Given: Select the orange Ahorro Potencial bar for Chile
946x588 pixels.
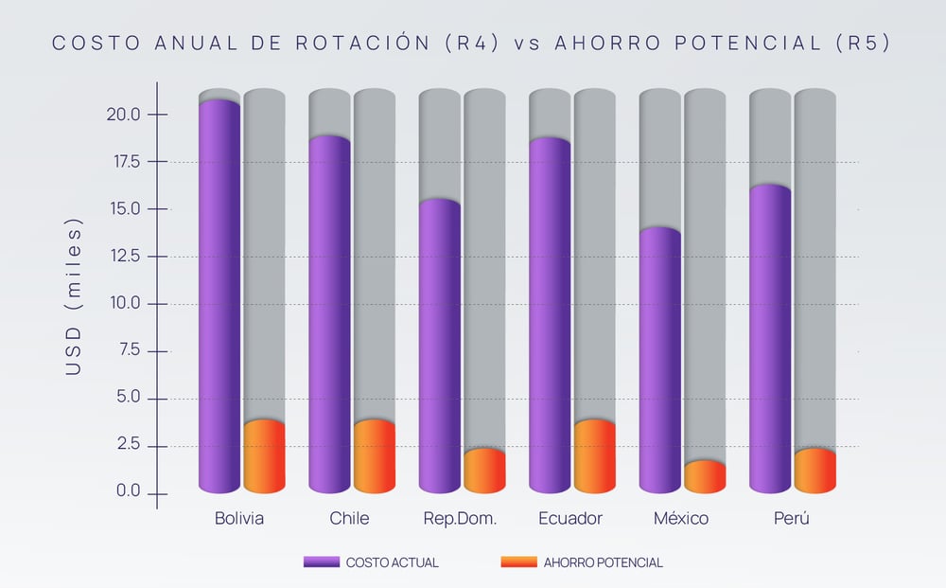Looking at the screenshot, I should click(375, 456).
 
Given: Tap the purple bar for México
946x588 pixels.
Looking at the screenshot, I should click(659, 360).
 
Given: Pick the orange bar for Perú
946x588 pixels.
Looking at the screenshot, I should click(815, 471).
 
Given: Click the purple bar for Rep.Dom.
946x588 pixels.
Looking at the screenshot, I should click(440, 346).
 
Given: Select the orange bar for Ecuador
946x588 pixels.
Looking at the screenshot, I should click(595, 456).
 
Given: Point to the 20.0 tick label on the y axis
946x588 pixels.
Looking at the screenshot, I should click(122, 115).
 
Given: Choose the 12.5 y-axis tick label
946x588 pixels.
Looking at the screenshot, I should click(122, 256).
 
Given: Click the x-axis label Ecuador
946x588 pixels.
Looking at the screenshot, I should click(569, 519).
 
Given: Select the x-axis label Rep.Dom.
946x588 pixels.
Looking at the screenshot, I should click(460, 519).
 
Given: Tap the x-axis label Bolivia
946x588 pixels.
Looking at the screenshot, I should click(239, 519).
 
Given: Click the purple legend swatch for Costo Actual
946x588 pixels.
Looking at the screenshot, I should click(321, 562).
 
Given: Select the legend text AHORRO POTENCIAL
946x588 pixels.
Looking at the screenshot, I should click(603, 562).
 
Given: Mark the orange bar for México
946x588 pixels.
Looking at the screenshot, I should click(705, 476).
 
